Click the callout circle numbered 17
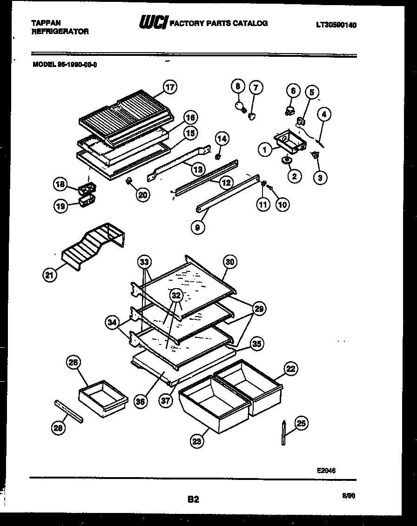pyautogui.click(x=170, y=87)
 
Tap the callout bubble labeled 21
pyautogui.click(x=49, y=276)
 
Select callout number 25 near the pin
pyautogui.click(x=302, y=424)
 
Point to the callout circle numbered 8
pyautogui.click(x=238, y=87)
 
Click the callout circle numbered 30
pyautogui.click(x=229, y=262)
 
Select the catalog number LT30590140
pyautogui.click(x=336, y=25)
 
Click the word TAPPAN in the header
pyautogui.click(x=46, y=22)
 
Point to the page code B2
pyautogui.click(x=193, y=499)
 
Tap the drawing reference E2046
pyautogui.click(x=326, y=470)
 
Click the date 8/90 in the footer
pyautogui.click(x=349, y=496)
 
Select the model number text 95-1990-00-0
pyautogui.click(x=77, y=65)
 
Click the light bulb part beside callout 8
pyautogui.click(x=242, y=107)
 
